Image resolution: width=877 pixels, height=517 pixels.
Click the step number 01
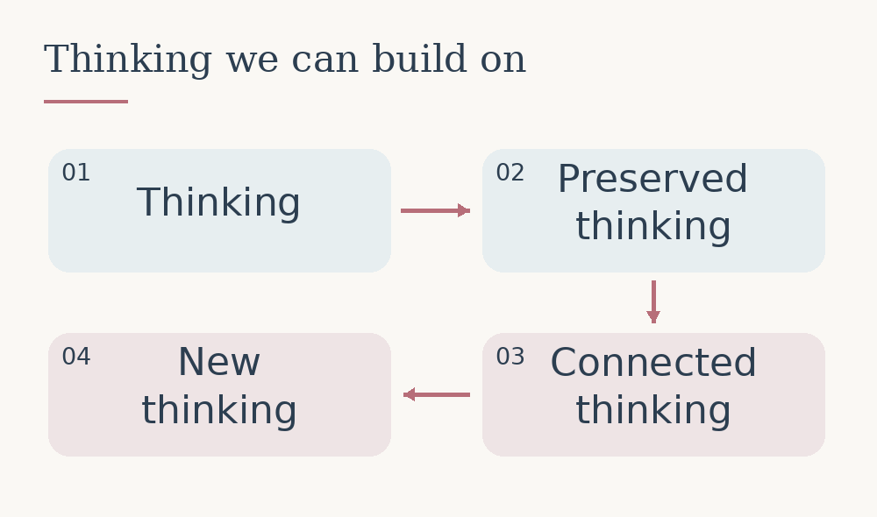pyautogui.click(x=76, y=173)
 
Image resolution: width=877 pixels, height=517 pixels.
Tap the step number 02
pyautogui.click(x=510, y=173)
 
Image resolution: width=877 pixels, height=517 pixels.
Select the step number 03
pyautogui.click(x=510, y=357)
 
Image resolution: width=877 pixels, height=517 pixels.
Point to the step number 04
pyautogui.click(x=76, y=357)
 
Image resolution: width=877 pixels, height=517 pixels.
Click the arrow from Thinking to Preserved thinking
pyautogui.click(x=435, y=210)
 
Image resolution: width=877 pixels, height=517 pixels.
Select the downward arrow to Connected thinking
pyautogui.click(x=653, y=301)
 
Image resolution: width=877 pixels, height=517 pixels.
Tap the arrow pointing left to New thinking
pyautogui.click(x=436, y=394)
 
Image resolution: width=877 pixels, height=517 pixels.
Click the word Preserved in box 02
pyautogui.click(x=652, y=179)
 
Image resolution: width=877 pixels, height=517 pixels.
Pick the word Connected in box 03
pyautogui.click(x=653, y=363)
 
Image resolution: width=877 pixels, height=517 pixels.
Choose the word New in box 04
pyautogui.click(x=219, y=362)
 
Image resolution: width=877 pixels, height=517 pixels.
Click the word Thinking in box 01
pyautogui.click(x=218, y=203)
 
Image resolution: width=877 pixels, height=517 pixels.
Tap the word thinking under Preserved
pyautogui.click(x=653, y=227)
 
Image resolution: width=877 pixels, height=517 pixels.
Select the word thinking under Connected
pyautogui.click(x=653, y=411)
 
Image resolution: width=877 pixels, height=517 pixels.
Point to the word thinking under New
pyautogui.click(x=219, y=411)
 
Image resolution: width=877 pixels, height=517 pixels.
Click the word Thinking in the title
pyautogui.click(x=128, y=60)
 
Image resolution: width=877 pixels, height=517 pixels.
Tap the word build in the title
pyautogui.click(x=419, y=58)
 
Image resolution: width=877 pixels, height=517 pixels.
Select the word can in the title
pyautogui.click(x=325, y=62)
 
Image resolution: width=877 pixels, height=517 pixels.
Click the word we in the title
pyautogui.click(x=253, y=62)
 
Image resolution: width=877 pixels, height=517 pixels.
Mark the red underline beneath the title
pyautogui.click(x=86, y=102)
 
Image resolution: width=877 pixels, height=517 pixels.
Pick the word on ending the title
pyautogui.click(x=503, y=62)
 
